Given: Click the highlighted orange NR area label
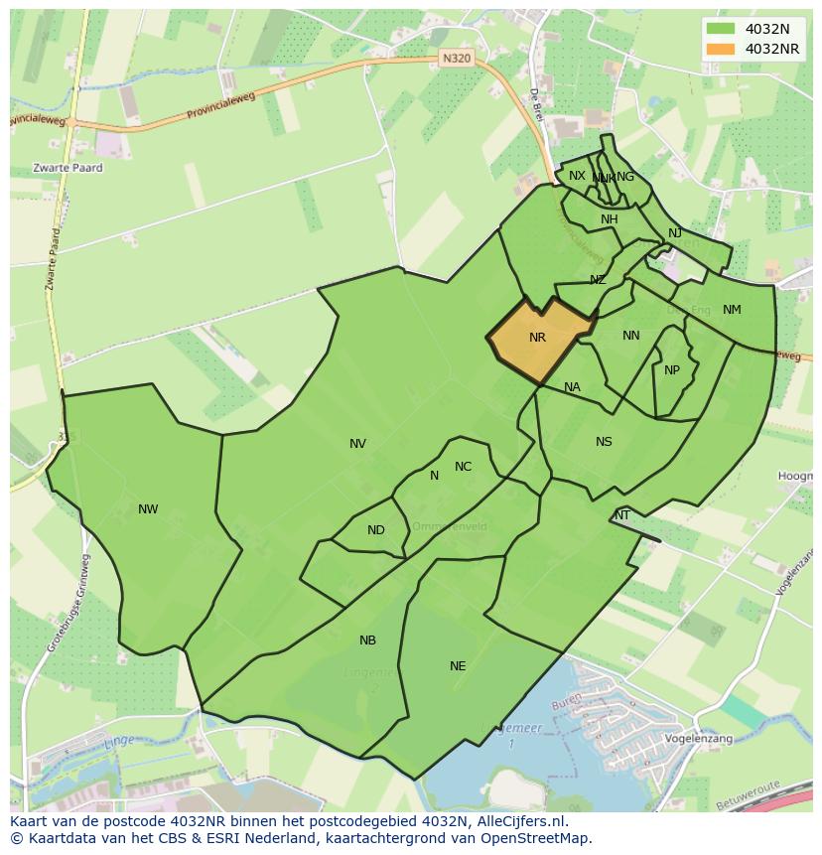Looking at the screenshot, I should point(537,338).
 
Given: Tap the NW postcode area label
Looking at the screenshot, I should point(148,509).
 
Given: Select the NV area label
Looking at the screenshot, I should point(357,444).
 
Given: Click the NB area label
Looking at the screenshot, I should point(367,641).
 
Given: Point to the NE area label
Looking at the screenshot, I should point(458,666).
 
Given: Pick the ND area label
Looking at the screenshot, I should point(375,530).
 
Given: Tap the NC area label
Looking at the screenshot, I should point(463,467).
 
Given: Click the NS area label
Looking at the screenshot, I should point(604,442).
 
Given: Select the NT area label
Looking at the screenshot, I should point(622,515).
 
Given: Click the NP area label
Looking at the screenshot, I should point(672,370).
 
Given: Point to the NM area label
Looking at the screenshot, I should point(732,310).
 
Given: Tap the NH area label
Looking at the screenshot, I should point(609,219).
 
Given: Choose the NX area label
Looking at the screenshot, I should point(577,176).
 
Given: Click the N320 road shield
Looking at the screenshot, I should point(456,59).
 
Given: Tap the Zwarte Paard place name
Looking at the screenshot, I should point(68,168).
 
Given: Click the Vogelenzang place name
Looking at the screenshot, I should point(699,739).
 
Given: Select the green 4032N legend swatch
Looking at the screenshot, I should point(720,29).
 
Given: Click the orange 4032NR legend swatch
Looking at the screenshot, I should point(720,49).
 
